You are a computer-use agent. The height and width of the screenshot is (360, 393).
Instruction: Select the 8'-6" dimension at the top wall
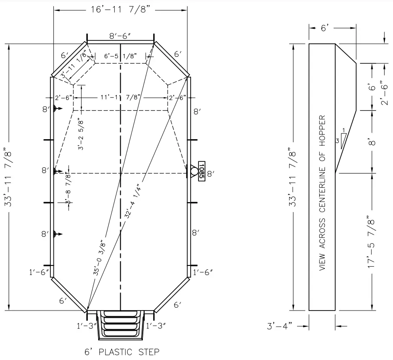point(120,37)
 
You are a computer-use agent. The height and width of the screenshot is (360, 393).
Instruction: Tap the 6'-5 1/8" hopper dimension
point(120,56)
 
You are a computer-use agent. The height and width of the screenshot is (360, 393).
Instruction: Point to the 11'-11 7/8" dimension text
point(120,97)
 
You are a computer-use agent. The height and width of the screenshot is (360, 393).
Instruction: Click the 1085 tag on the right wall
point(201,171)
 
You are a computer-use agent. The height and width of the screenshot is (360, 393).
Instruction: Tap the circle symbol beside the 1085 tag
point(194,171)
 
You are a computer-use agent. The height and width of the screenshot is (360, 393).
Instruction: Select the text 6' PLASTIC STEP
point(122,351)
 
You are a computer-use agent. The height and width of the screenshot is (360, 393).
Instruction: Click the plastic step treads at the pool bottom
point(121,325)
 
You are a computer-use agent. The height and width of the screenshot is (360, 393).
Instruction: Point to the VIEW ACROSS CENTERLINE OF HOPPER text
point(322,193)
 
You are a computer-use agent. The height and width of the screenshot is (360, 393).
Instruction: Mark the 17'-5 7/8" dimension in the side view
point(372,241)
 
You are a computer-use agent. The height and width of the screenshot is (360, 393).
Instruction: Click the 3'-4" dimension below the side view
point(280,325)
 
